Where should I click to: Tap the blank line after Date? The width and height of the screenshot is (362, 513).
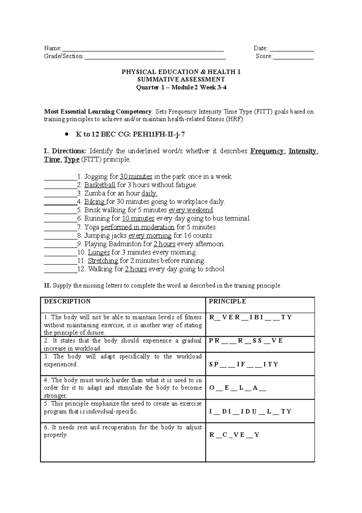(292, 49)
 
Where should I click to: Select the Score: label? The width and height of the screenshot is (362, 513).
(264, 56)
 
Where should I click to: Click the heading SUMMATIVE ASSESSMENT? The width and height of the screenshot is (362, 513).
(181, 80)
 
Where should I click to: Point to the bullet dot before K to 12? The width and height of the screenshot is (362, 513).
(67, 135)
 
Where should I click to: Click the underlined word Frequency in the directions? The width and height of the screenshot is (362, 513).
(267, 151)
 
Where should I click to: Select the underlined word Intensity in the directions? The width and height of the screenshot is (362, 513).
(302, 151)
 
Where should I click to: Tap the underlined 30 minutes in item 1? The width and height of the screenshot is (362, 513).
(136, 177)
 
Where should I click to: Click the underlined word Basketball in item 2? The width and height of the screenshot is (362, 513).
(100, 185)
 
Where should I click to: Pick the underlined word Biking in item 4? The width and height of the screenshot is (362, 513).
(94, 202)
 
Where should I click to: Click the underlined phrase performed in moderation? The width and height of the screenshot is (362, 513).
(138, 227)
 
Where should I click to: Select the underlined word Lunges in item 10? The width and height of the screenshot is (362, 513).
(99, 252)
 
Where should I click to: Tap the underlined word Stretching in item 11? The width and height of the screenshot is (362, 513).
(103, 261)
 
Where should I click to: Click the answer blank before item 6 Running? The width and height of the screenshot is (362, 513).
(60, 219)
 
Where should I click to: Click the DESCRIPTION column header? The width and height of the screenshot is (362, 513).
(67, 302)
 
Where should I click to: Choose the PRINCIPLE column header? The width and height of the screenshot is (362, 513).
(227, 302)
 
